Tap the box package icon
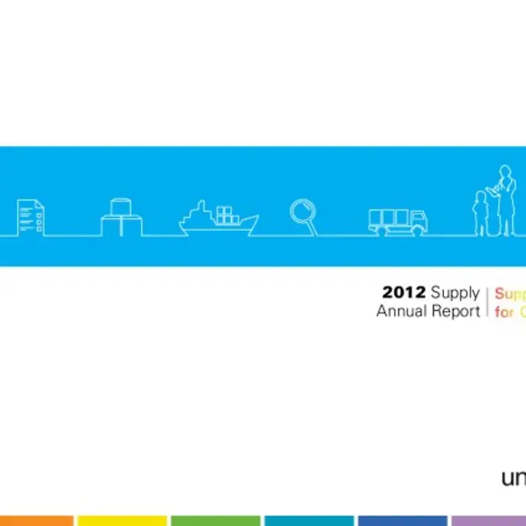click(x=121, y=217)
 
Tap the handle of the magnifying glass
click(x=312, y=229)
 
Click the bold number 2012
click(x=404, y=293)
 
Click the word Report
click(x=458, y=312)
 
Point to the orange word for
click(x=504, y=312)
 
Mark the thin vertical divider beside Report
click(x=487, y=302)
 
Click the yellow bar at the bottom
click(x=121, y=521)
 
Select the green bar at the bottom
click(x=215, y=521)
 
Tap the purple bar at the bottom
click(x=488, y=521)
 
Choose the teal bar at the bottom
click(x=308, y=521)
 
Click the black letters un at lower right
click(x=512, y=479)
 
